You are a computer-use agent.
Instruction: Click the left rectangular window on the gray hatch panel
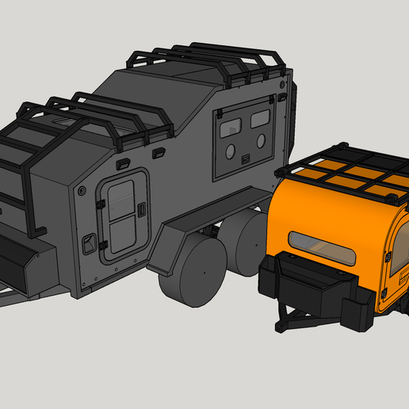click(x=230, y=124)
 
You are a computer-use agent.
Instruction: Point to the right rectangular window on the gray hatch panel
click(x=259, y=120)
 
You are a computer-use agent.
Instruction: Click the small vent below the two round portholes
click(x=246, y=161)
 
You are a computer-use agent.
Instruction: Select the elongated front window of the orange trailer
click(x=322, y=250)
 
